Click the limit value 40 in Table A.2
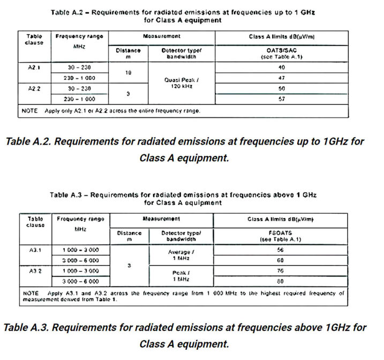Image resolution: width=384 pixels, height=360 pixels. coord(282,67)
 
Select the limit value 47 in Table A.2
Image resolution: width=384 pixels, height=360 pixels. coord(282,78)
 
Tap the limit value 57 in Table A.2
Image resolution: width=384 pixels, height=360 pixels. coord(282,99)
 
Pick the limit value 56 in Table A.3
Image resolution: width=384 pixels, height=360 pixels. coord(280,250)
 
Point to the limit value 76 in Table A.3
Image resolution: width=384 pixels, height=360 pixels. coord(280,271)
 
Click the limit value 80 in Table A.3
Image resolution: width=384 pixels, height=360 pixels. coord(280,281)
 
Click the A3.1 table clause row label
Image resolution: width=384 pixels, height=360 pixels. coord(32,250)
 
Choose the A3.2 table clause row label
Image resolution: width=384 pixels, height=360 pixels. coord(32,271)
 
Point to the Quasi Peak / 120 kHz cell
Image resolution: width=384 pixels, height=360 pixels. coord(182,82)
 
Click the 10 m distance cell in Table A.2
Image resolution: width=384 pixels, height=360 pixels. coord(128,72)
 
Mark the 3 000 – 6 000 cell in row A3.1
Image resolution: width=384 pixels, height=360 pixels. coord(80,260)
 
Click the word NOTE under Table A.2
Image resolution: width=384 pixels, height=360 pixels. coord(30,110)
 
